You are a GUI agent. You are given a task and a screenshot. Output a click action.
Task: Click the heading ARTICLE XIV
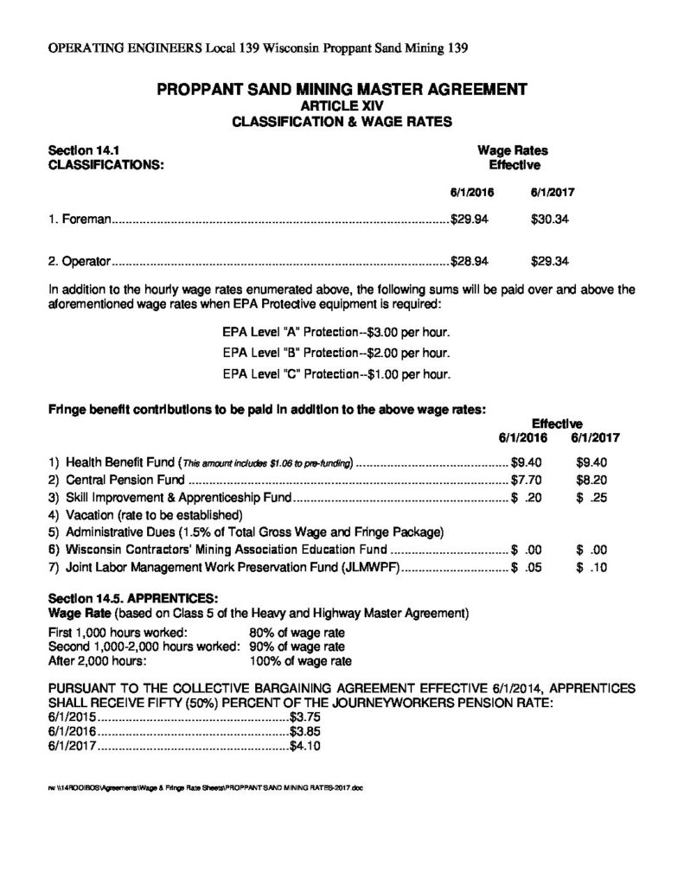click(342, 105)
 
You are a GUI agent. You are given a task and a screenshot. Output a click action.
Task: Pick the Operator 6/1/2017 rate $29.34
click(549, 260)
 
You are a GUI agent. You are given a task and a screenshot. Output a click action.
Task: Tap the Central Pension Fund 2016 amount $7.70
click(526, 478)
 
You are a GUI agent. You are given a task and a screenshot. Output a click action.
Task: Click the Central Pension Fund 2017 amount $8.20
click(592, 478)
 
